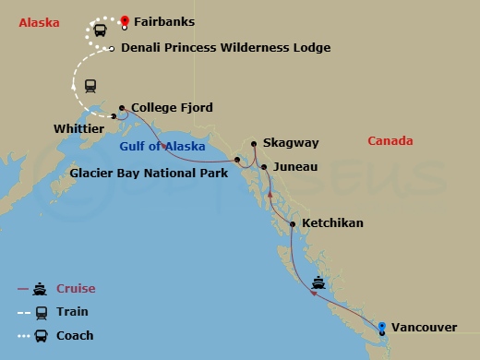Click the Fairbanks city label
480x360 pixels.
pyautogui.click(x=164, y=21)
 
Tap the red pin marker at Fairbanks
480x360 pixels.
pyautogui.click(x=125, y=18)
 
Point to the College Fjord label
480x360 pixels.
pyautogui.click(x=173, y=108)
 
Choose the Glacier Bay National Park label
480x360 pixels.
pyautogui.click(x=149, y=173)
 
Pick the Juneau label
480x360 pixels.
pyautogui.click(x=295, y=167)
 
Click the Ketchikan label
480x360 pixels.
pyautogui.click(x=332, y=223)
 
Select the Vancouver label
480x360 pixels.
pyautogui.click(x=425, y=327)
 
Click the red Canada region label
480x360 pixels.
pyautogui.click(x=390, y=141)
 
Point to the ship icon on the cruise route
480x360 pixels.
pyautogui.click(x=318, y=282)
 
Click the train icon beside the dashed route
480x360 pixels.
pyautogui.click(x=90, y=86)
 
